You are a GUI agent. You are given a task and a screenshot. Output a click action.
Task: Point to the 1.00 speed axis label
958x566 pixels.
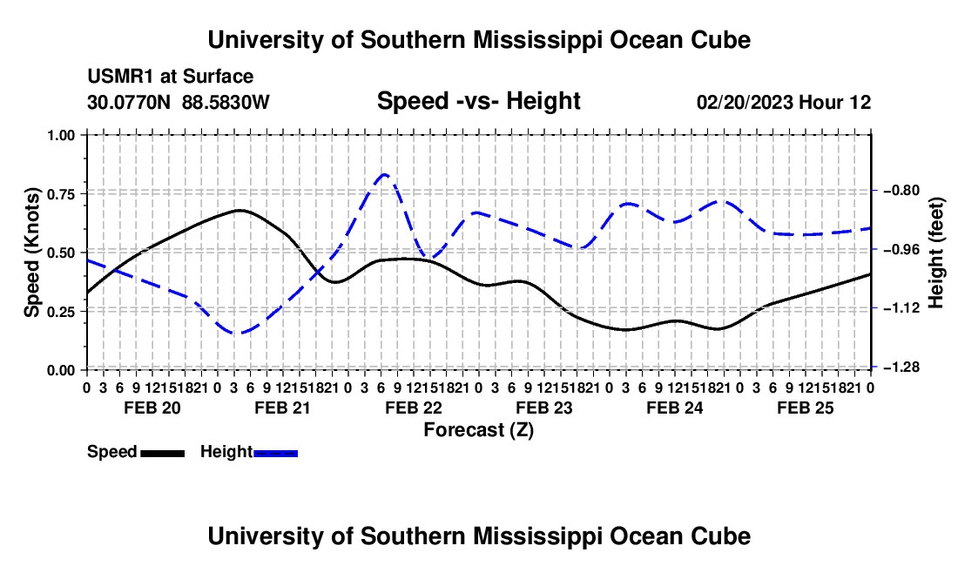click(61, 135)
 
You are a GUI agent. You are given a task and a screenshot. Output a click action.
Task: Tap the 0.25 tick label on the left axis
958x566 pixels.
click(61, 312)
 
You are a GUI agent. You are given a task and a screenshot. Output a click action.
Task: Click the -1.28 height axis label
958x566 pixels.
click(901, 367)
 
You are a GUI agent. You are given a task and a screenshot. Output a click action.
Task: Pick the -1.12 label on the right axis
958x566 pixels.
click(901, 308)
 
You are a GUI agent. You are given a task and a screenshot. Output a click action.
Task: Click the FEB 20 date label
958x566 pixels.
click(152, 408)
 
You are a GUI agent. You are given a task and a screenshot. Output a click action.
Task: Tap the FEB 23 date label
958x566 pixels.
click(543, 408)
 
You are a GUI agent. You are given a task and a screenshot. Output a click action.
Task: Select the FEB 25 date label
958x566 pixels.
click(806, 408)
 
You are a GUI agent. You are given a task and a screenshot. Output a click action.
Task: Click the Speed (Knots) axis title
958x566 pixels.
click(32, 253)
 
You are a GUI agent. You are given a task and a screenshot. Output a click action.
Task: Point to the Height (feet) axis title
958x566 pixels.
click(936, 253)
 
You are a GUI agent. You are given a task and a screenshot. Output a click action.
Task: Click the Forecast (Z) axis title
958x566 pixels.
click(478, 430)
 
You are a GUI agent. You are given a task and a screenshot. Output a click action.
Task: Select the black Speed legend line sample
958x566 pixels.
click(163, 453)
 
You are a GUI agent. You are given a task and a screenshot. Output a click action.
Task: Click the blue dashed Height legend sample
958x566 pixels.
click(275, 453)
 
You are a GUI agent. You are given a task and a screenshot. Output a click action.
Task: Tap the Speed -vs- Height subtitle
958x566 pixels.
click(478, 101)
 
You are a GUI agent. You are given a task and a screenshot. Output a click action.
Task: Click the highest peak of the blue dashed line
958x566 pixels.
click(384, 175)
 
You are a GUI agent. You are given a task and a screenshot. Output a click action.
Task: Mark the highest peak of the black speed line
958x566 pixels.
click(239, 210)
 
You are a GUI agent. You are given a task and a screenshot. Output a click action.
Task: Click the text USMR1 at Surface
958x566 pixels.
click(171, 77)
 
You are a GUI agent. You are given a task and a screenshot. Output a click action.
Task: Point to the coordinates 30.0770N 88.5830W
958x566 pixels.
click(179, 102)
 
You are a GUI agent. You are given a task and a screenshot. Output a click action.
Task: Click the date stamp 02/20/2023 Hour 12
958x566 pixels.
click(784, 102)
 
